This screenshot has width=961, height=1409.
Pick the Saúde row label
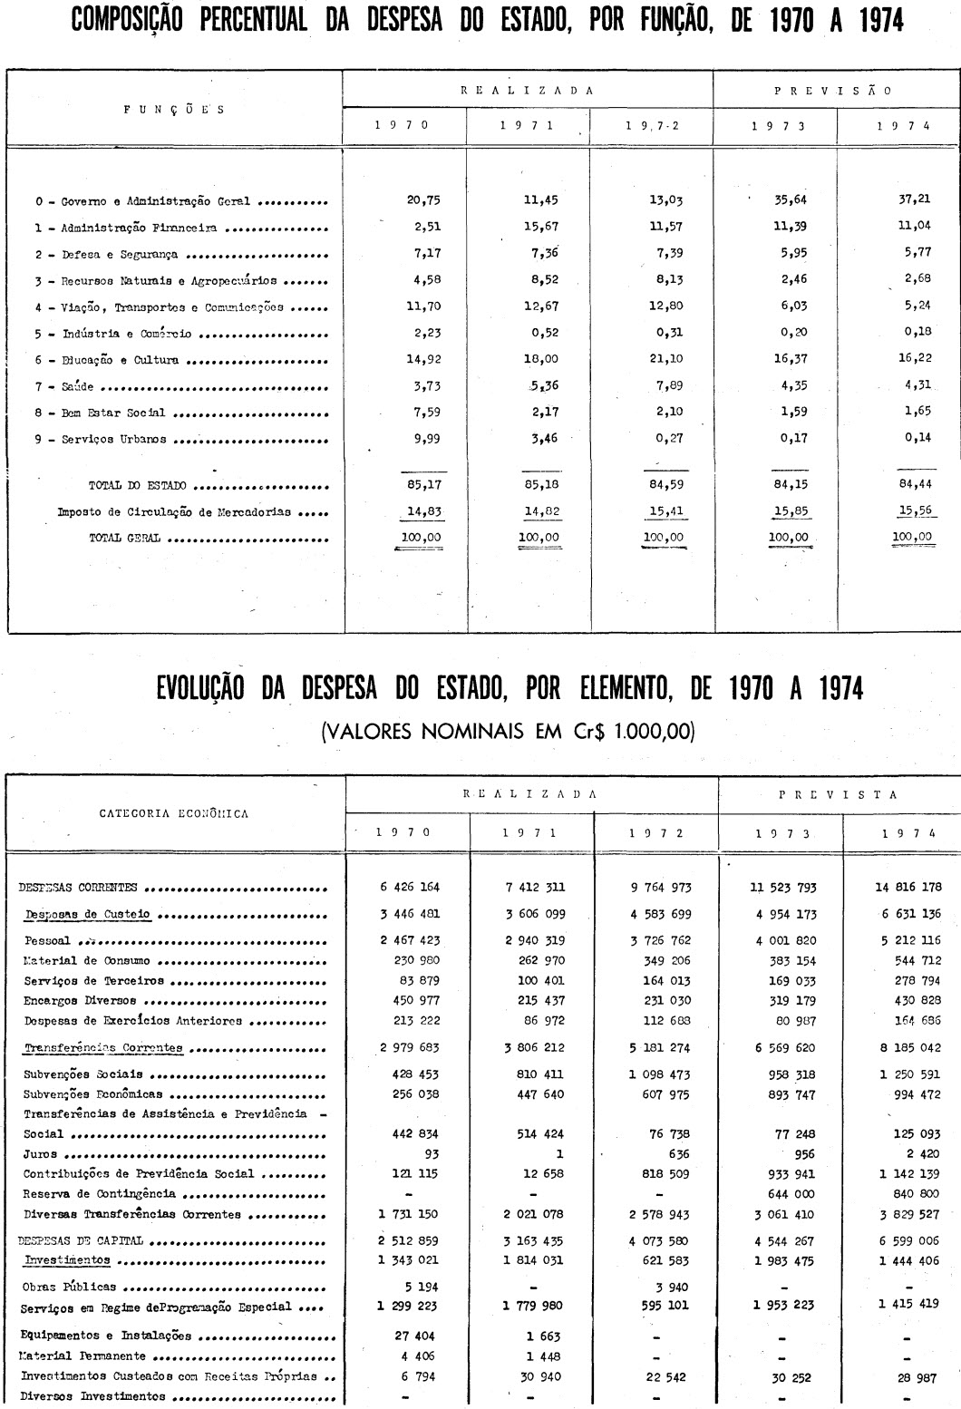[x=78, y=387]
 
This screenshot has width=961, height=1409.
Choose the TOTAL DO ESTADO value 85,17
[x=423, y=485]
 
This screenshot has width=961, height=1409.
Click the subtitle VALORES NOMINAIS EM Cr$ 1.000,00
[x=508, y=731]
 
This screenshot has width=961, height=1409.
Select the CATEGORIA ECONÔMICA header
[x=174, y=813]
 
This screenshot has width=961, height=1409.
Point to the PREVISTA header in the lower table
[x=839, y=794]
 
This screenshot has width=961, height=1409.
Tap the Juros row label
[x=40, y=1154]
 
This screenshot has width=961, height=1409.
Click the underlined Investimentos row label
[x=67, y=1259]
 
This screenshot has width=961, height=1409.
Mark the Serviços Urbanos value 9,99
[x=423, y=440]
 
